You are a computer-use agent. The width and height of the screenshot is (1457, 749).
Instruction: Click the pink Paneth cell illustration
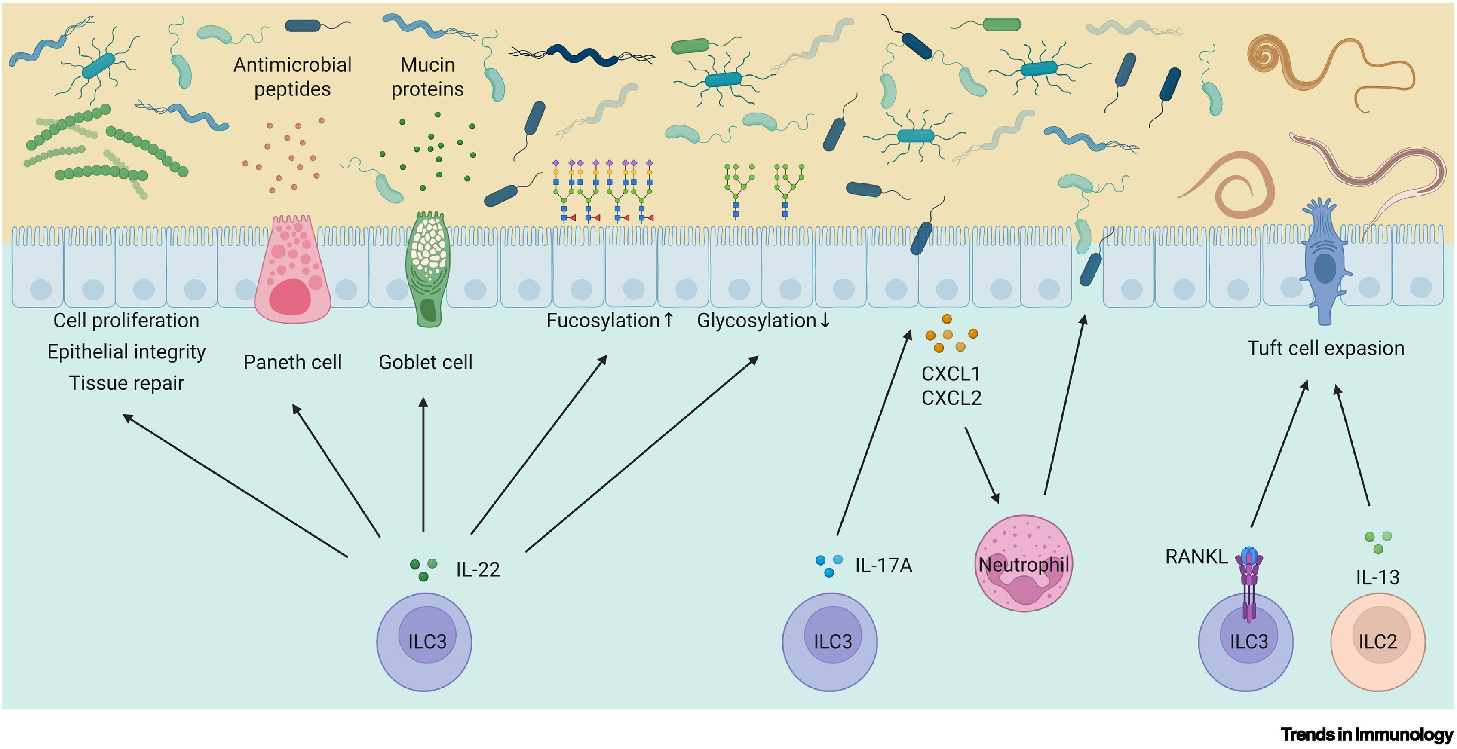292,271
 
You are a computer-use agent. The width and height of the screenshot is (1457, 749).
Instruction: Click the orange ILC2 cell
1378,642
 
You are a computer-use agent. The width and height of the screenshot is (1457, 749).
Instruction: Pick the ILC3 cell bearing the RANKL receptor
1245,645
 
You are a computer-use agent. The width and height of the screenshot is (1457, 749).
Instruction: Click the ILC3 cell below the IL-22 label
424,642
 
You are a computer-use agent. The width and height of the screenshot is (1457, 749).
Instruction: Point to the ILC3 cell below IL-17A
830,642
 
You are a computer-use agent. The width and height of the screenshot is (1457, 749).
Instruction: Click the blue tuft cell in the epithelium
1324,266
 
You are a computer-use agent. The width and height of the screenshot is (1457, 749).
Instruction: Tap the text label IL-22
478,569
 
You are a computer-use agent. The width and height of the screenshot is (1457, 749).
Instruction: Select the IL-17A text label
883,565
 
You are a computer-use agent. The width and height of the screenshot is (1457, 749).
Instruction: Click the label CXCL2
951,398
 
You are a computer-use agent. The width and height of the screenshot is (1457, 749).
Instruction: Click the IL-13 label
1377,577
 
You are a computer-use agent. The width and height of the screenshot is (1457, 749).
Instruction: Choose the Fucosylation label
603,321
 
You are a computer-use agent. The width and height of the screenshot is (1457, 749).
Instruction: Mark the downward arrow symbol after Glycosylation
825,321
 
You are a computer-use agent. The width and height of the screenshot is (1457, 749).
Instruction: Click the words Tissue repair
126,383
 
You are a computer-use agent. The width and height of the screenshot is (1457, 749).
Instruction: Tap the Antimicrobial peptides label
292,77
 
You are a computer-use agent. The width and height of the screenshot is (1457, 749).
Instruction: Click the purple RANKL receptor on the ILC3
1249,582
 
